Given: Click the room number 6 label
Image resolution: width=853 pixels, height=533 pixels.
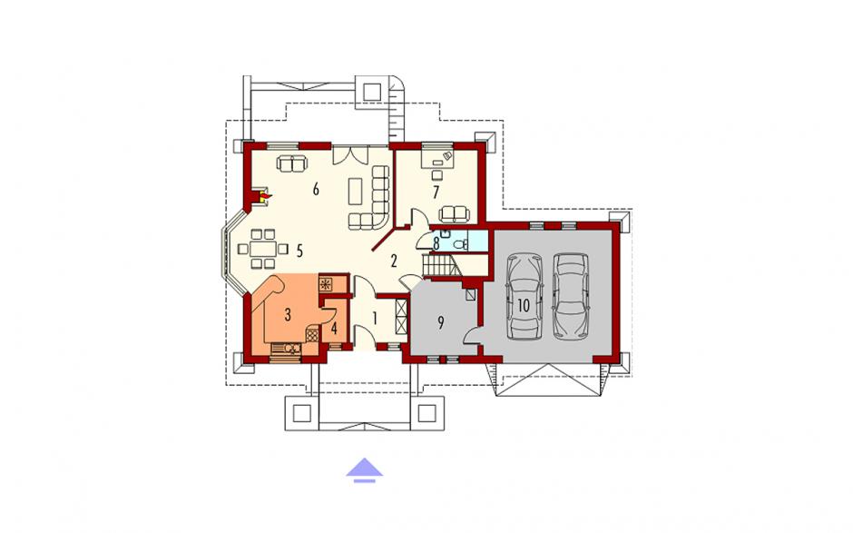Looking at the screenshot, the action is (316, 190).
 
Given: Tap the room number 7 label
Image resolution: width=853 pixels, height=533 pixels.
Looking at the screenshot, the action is (436, 192).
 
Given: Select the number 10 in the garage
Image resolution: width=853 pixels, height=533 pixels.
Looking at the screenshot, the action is (524, 305).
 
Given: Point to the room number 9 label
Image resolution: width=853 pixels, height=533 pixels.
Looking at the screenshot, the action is (441, 323).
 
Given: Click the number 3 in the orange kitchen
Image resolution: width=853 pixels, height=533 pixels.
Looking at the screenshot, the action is (288, 314).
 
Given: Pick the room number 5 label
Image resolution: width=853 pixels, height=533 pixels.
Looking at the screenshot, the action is (299, 251).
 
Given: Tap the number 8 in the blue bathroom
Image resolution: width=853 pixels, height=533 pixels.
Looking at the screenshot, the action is (436, 243).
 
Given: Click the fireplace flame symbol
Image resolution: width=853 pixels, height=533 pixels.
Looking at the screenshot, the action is (265, 196).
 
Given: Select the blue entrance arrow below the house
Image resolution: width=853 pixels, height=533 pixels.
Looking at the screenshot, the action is (364, 469).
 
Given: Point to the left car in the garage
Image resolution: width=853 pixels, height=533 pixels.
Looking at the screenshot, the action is (525, 296).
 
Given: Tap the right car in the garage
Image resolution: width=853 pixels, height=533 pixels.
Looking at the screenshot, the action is (570, 295).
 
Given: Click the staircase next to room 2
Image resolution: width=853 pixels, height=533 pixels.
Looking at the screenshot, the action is (441, 267).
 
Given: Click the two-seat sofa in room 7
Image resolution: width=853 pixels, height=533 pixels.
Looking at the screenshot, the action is (454, 214).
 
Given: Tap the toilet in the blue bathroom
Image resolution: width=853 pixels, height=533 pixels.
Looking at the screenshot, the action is (461, 244).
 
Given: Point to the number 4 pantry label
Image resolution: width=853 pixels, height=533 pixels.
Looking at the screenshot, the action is (334, 329).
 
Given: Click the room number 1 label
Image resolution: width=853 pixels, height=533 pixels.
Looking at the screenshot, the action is (374, 318).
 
